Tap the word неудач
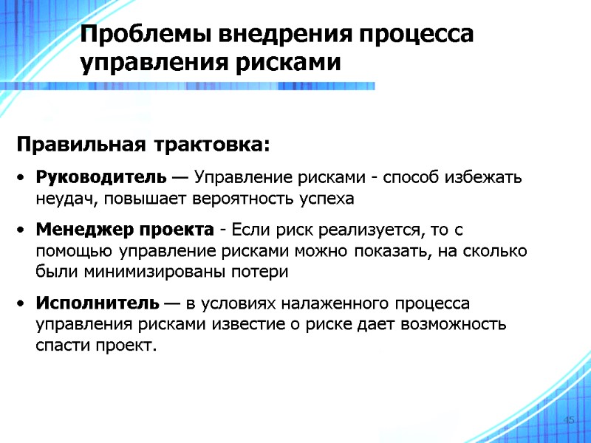click(x=62, y=199)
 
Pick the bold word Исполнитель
click(x=97, y=303)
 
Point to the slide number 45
click(x=568, y=420)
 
